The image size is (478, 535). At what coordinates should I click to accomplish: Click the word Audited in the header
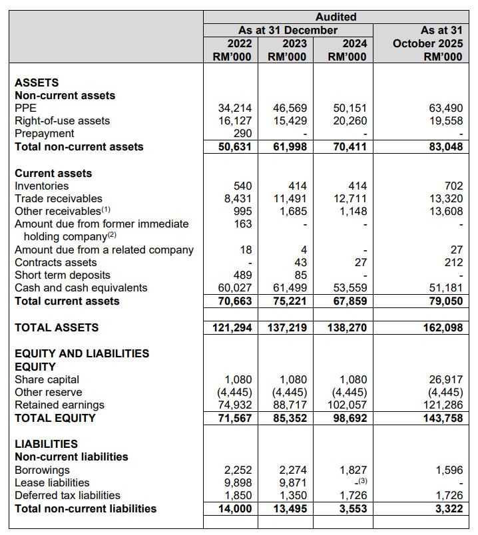(x=336, y=17)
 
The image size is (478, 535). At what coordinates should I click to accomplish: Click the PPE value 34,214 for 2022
(x=235, y=108)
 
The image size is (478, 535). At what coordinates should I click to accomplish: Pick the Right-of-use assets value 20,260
(x=350, y=120)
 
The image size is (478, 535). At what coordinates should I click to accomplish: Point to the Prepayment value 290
(x=244, y=134)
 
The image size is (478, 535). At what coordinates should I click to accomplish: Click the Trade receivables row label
(x=59, y=198)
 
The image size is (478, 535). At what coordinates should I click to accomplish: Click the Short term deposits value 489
(x=244, y=275)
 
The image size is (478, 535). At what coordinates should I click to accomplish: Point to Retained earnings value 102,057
(x=346, y=405)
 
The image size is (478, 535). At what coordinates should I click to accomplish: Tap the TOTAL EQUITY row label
(x=55, y=418)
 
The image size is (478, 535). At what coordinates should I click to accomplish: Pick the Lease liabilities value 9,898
(x=238, y=482)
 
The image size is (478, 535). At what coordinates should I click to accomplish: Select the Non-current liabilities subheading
(x=71, y=456)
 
